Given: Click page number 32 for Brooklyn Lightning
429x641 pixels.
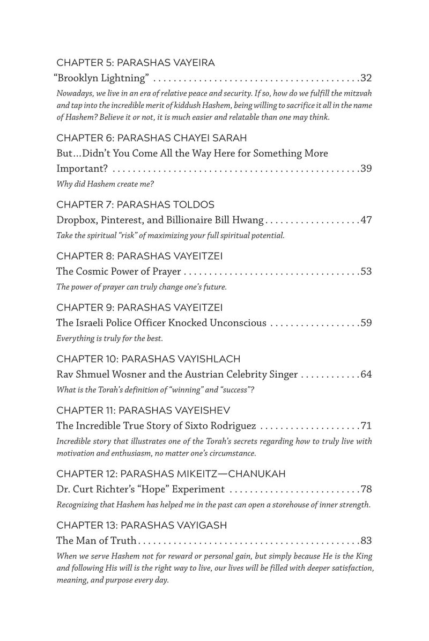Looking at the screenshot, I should [x=366, y=78].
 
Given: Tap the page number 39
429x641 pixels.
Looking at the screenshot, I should [x=366, y=169].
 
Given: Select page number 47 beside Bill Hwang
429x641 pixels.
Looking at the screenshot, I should [x=366, y=220].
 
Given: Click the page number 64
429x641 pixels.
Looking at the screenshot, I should [x=366, y=374].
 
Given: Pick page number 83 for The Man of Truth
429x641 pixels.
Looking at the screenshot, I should [x=366, y=540].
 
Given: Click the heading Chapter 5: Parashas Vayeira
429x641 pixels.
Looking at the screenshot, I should [x=136, y=63].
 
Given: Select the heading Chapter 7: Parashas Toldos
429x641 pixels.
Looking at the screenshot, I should [x=136, y=205].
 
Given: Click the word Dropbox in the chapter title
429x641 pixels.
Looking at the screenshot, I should [x=76, y=220].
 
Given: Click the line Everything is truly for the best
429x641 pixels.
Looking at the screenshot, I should [x=109, y=338].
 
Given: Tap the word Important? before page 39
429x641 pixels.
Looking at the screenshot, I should [x=83, y=169].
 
